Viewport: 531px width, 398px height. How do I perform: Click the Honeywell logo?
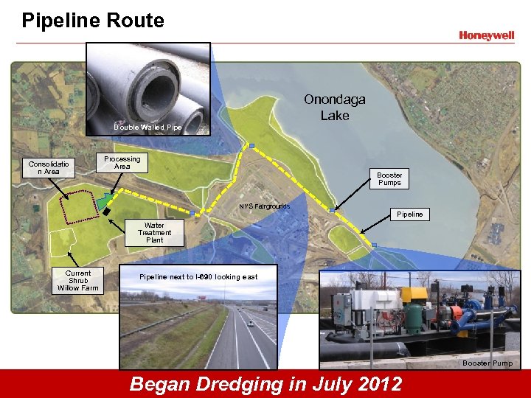coord(486,35)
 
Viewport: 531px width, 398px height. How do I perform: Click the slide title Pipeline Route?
coord(93,20)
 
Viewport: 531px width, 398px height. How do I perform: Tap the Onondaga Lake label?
coord(334,108)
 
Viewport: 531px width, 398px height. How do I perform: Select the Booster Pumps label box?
coord(389,179)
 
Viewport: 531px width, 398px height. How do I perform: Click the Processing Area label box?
coord(122,163)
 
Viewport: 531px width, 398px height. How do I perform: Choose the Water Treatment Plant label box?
coord(154,233)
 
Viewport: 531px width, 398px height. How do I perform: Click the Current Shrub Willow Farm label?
coord(77,281)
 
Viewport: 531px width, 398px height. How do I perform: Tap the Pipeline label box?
coord(410,214)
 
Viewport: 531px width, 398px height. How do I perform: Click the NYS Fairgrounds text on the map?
coord(264,206)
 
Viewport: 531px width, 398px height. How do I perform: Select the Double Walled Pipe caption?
coord(147,128)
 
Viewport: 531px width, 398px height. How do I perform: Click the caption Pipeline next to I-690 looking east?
coord(198,276)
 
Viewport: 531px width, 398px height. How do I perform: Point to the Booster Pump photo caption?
coord(487,363)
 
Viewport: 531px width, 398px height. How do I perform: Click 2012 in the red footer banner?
coord(374,384)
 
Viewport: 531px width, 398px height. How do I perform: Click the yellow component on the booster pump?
coord(418,294)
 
